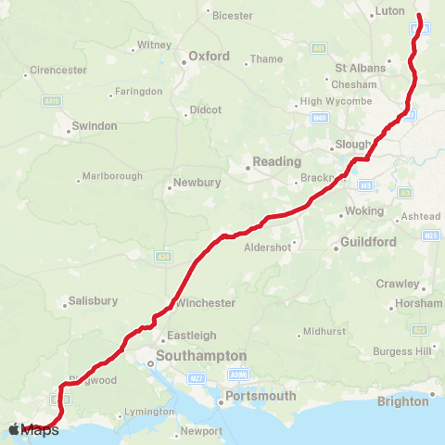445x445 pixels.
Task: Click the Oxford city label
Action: coord(209,56)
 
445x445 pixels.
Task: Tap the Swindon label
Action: coord(95,125)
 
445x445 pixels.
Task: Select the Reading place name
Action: coord(276,161)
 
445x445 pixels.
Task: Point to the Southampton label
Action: coord(201,355)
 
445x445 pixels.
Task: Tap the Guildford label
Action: coord(369,242)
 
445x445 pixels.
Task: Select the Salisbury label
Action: coord(93,301)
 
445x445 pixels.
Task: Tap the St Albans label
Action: coord(359,68)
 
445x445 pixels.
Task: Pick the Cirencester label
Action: coord(58,70)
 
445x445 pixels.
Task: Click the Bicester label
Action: coord(232,16)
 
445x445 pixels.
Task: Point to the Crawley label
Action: coord(399,284)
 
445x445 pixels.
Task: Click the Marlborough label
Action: coord(112,176)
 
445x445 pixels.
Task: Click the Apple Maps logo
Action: coord(34,429)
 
